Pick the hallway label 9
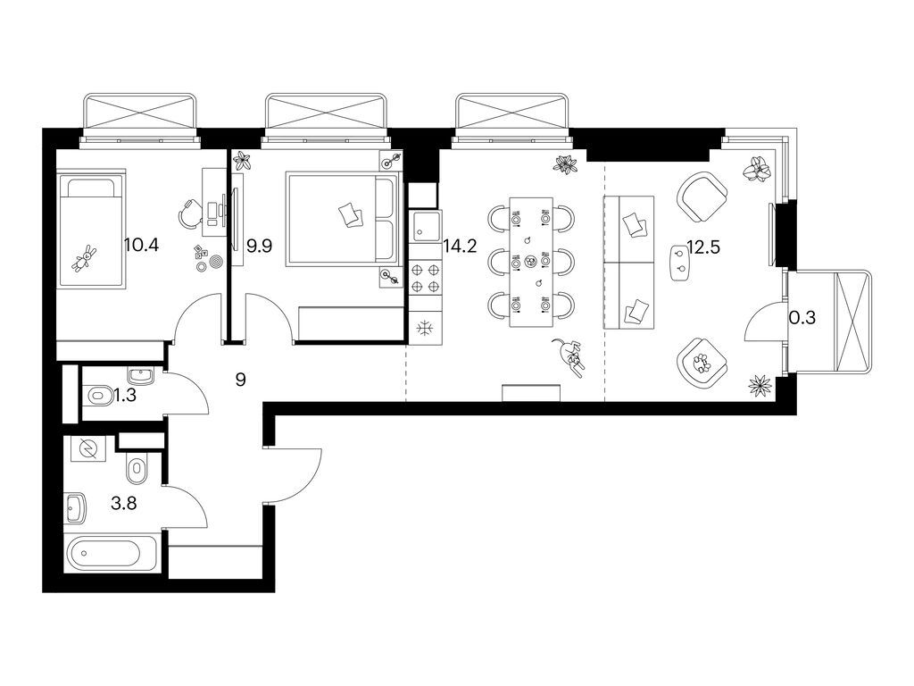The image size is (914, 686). (240, 379)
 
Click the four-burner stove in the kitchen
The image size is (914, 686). (426, 277)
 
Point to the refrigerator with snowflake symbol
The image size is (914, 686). (425, 328)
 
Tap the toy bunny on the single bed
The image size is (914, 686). (87, 258)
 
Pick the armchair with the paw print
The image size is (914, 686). (702, 362)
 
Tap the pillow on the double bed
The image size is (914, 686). (351, 213)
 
